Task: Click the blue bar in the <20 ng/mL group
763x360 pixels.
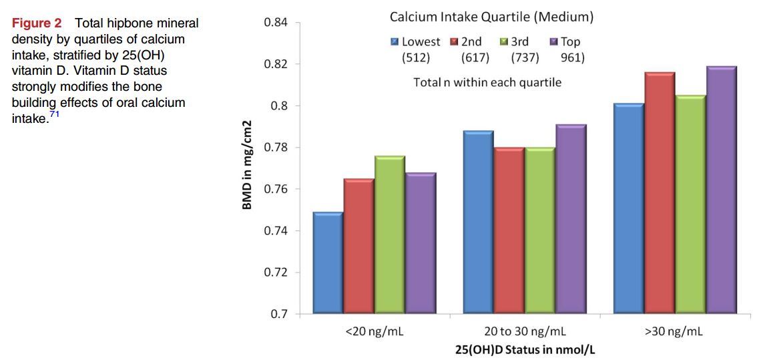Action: [x=328, y=262]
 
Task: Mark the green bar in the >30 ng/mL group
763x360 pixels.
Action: [x=690, y=204]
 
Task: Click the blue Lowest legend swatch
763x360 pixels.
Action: [x=395, y=42]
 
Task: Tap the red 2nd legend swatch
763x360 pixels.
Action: [x=455, y=42]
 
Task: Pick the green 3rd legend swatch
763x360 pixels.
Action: [x=504, y=42]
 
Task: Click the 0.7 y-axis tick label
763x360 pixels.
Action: [x=279, y=314]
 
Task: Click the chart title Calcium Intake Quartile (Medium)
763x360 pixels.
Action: [x=491, y=17]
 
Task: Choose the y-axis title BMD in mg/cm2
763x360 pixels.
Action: [x=247, y=165]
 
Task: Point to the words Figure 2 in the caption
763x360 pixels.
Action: [x=36, y=23]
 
